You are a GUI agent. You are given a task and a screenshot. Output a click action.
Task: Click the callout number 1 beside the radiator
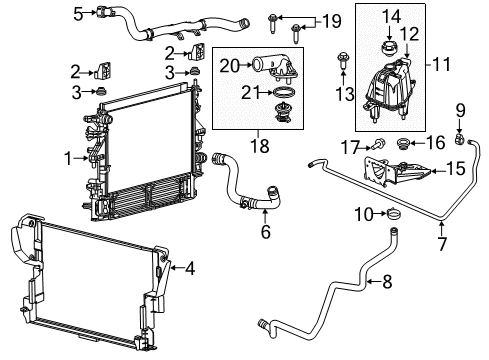67,158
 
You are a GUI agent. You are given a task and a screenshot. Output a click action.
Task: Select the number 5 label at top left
77,13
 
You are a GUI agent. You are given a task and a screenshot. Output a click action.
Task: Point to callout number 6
264,231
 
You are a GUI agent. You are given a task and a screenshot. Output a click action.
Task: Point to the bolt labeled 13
344,58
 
